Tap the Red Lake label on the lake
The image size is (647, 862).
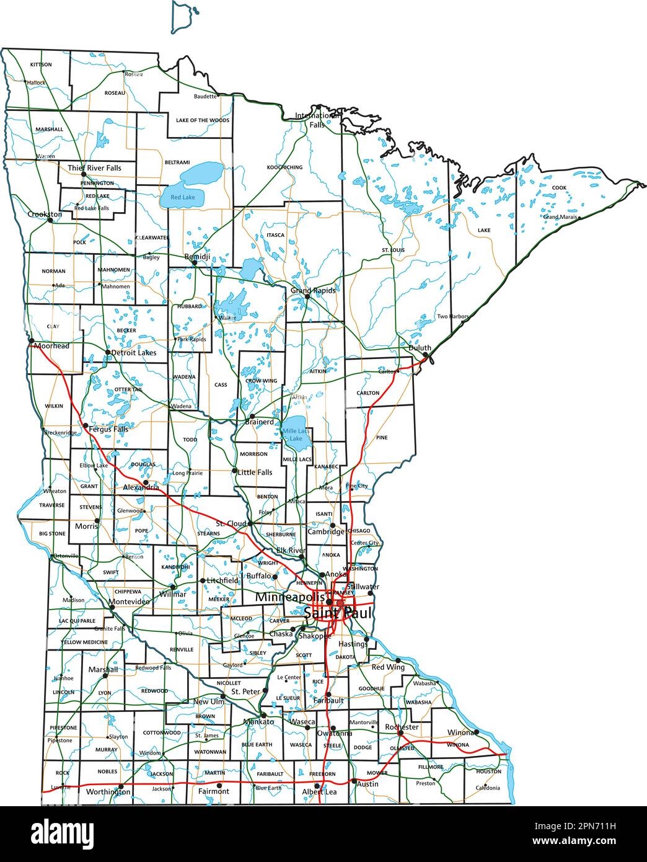click(183, 197)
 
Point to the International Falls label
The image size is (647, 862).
click(317, 120)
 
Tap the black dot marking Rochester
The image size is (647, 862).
click(400, 732)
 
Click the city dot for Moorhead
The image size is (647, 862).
click(30, 340)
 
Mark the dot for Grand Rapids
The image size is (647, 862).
click(307, 296)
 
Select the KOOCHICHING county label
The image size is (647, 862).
click(284, 167)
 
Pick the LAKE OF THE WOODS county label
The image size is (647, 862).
click(202, 120)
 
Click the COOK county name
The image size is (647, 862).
click(559, 187)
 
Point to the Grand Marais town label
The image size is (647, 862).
click(560, 217)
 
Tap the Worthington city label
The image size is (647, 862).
click(108, 792)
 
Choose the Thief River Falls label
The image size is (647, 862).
click(94, 167)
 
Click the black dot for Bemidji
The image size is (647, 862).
click(194, 263)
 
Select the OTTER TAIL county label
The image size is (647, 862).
click(128, 389)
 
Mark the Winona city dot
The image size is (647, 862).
click(476, 732)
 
